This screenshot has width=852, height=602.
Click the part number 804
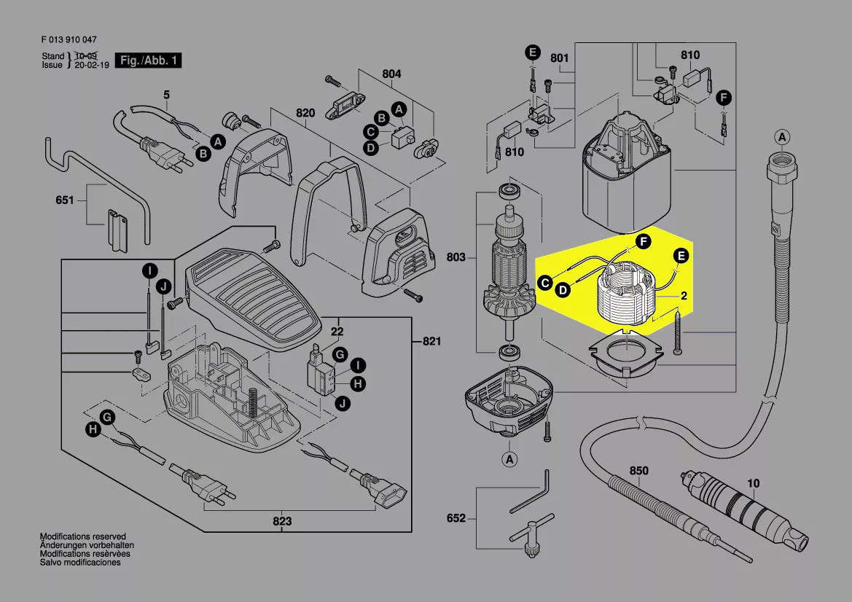point(391,74)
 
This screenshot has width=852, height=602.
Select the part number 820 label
point(305,113)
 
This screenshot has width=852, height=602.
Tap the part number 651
point(65,199)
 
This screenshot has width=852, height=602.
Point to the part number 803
point(456,257)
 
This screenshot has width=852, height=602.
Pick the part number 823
point(282,521)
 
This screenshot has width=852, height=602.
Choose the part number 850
point(638,471)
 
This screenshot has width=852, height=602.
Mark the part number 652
point(456,518)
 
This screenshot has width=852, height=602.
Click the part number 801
point(559,57)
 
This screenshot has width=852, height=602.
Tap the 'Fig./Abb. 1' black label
point(149,60)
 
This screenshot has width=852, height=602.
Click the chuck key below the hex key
point(531,536)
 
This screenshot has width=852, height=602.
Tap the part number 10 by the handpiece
point(753,482)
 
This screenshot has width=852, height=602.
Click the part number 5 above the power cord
point(165,95)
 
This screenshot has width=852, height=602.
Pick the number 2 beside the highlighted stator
point(684,296)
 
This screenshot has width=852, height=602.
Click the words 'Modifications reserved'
point(82,536)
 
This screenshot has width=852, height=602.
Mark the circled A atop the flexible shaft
point(781,137)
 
